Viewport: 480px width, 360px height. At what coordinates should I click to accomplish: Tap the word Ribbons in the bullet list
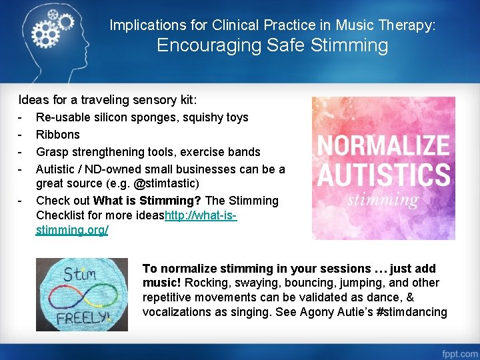57,134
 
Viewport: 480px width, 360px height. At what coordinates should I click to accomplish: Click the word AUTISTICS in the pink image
383,175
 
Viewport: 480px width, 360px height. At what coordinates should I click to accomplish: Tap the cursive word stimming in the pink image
383,199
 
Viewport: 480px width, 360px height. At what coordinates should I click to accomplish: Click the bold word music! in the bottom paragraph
160,283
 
